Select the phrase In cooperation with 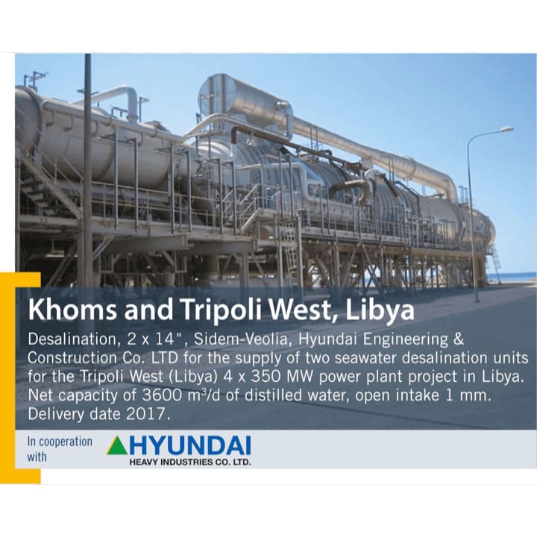click(x=60, y=448)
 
